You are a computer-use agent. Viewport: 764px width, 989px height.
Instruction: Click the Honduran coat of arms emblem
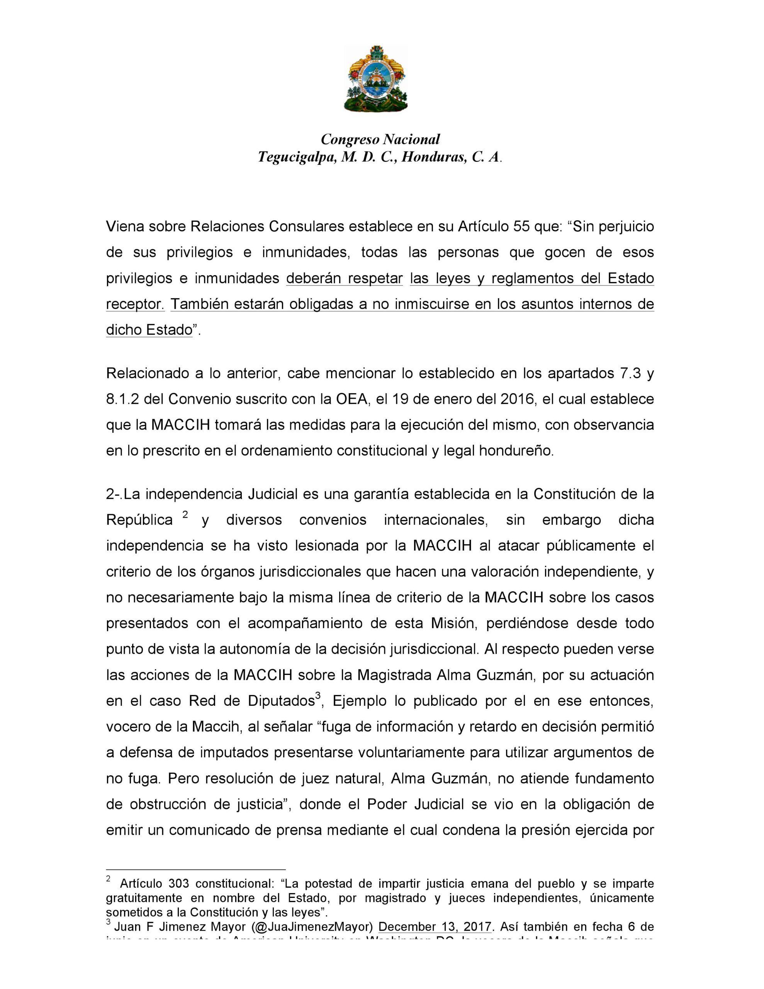coord(376,79)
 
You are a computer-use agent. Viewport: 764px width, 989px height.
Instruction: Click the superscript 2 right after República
coord(185,515)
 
